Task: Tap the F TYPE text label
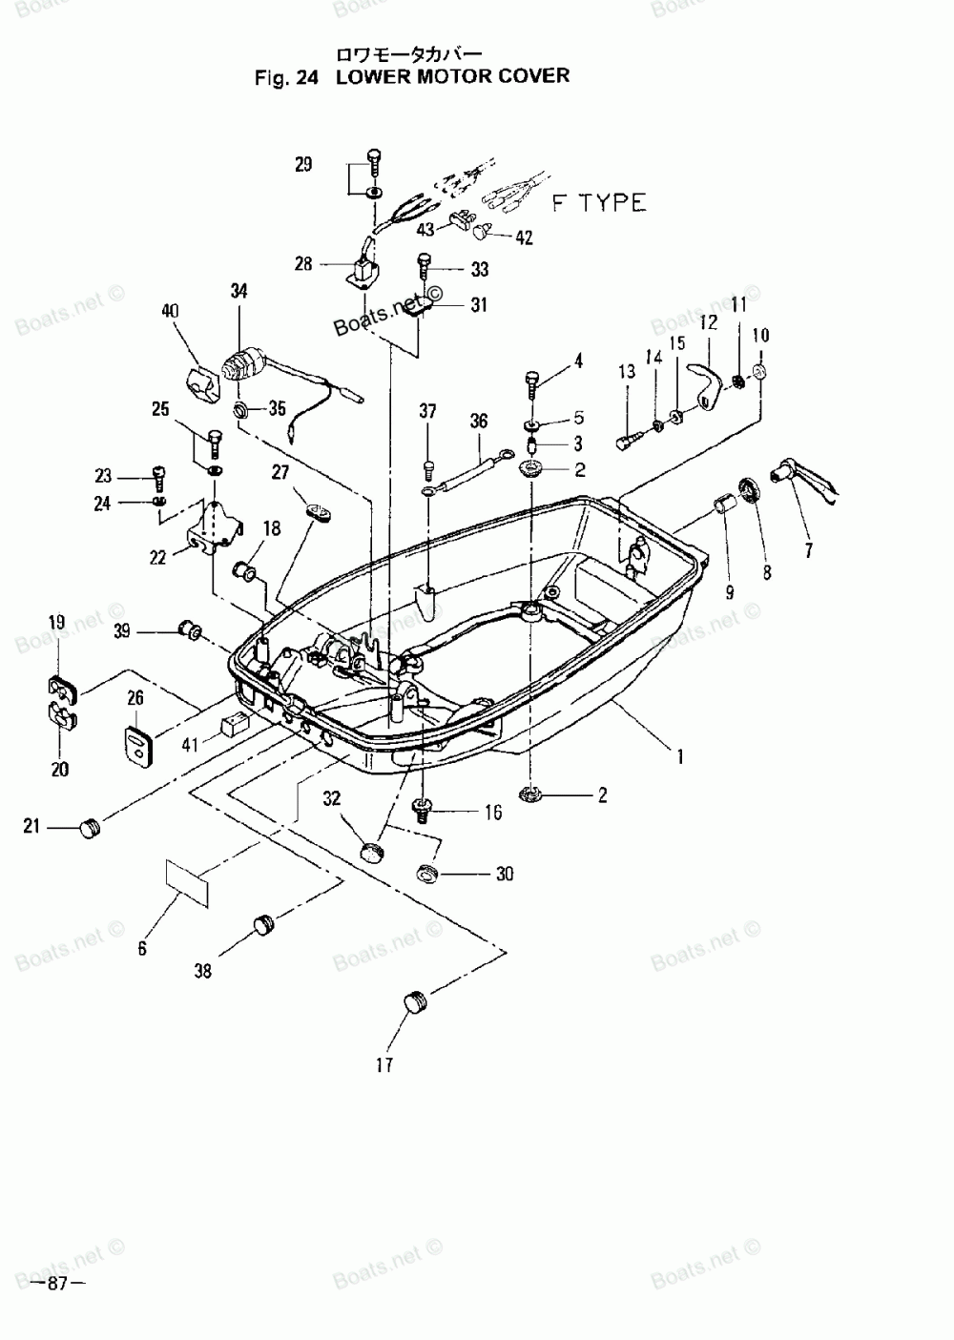(x=599, y=203)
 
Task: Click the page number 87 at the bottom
(x=57, y=1284)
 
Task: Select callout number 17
(x=384, y=1064)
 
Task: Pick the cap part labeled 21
(x=90, y=829)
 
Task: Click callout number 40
(x=170, y=311)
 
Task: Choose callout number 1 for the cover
(x=680, y=757)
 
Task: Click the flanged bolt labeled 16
(x=424, y=811)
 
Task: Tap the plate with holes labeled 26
(x=140, y=744)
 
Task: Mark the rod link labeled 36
(x=465, y=473)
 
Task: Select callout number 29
(x=303, y=164)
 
